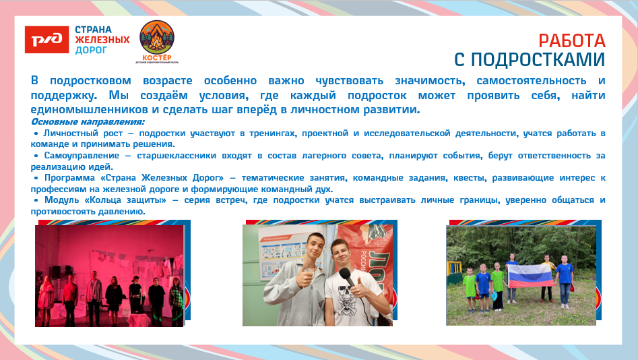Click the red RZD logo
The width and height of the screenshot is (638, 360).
[46, 39]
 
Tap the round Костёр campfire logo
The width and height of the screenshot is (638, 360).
[156, 38]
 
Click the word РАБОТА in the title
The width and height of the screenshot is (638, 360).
[572, 41]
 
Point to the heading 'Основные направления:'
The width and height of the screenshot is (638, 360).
[88, 122]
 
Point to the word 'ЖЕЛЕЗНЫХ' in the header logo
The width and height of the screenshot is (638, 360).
[102, 40]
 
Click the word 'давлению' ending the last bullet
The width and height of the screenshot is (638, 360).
[124, 211]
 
